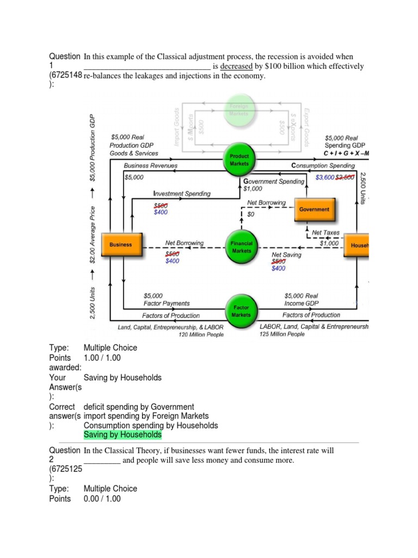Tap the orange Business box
pyautogui.click(x=121, y=245)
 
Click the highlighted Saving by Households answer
pyautogui.click(x=122, y=435)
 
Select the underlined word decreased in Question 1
pyautogui.click(x=236, y=66)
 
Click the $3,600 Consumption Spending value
pyautogui.click(x=325, y=177)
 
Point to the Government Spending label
pyautogui.click(x=274, y=181)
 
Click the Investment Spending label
pyautogui.click(x=182, y=193)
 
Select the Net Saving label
pyautogui.click(x=286, y=254)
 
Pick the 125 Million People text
pyautogui.click(x=282, y=334)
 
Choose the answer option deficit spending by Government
pyautogui.click(x=139, y=407)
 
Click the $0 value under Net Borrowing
pyautogui.click(x=250, y=215)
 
